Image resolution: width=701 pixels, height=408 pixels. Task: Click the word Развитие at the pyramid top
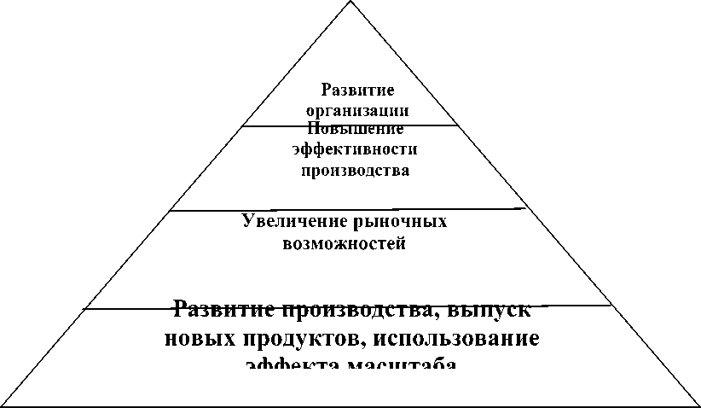(x=357, y=90)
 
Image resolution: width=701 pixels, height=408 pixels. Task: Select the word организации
(x=357, y=111)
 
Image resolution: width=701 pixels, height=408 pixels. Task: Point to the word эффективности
(x=354, y=150)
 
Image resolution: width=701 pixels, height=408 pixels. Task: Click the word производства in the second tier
(x=356, y=171)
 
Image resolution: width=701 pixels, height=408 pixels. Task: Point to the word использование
(x=447, y=338)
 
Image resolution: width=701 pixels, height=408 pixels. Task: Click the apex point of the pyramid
(x=350, y=2)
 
